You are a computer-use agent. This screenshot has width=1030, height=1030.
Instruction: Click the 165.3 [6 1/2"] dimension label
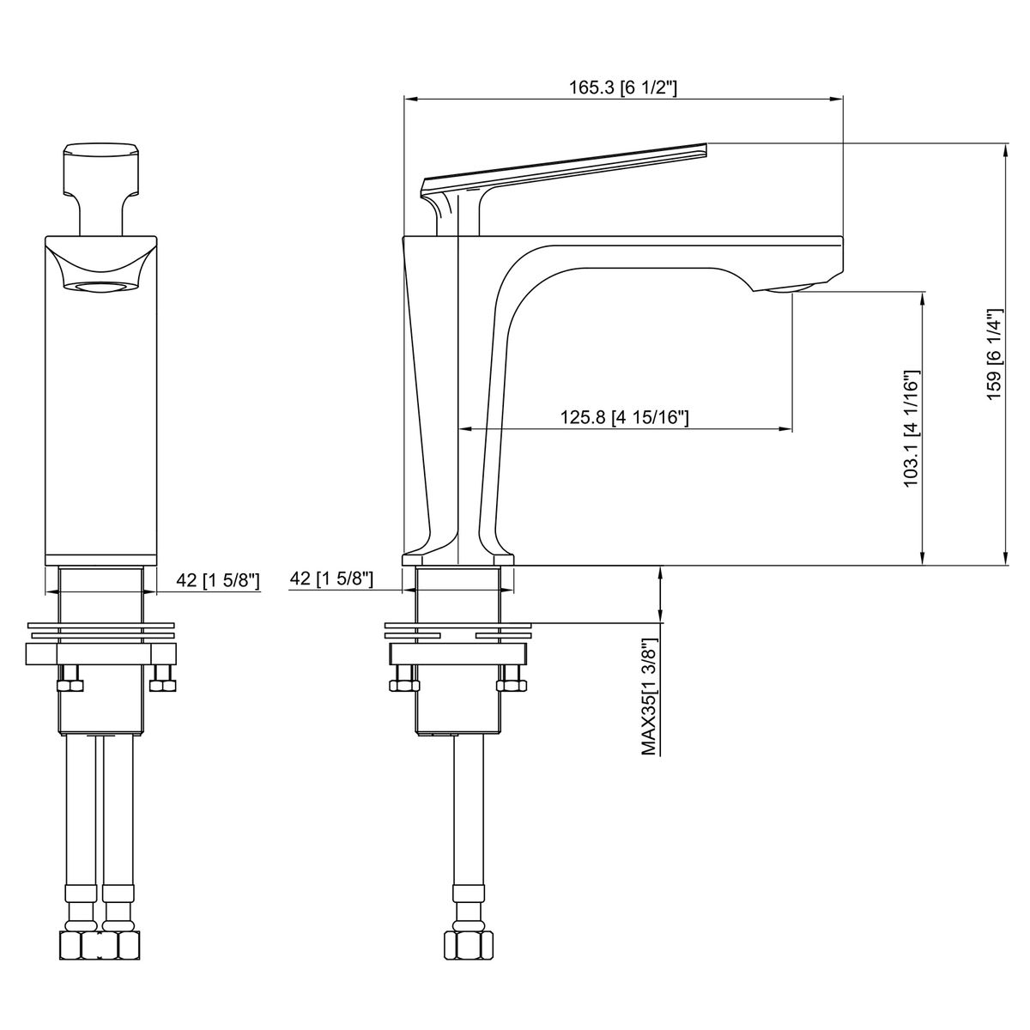point(622,88)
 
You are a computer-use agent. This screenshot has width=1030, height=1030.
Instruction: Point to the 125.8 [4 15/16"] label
point(624,417)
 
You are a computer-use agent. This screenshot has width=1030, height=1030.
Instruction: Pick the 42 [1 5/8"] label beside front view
point(218,580)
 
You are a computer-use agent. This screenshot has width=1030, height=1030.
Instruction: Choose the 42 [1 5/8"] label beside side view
point(331,578)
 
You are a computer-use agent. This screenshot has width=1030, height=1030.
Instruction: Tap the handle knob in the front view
point(101,169)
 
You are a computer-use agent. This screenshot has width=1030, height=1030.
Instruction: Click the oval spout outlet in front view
point(101,288)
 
